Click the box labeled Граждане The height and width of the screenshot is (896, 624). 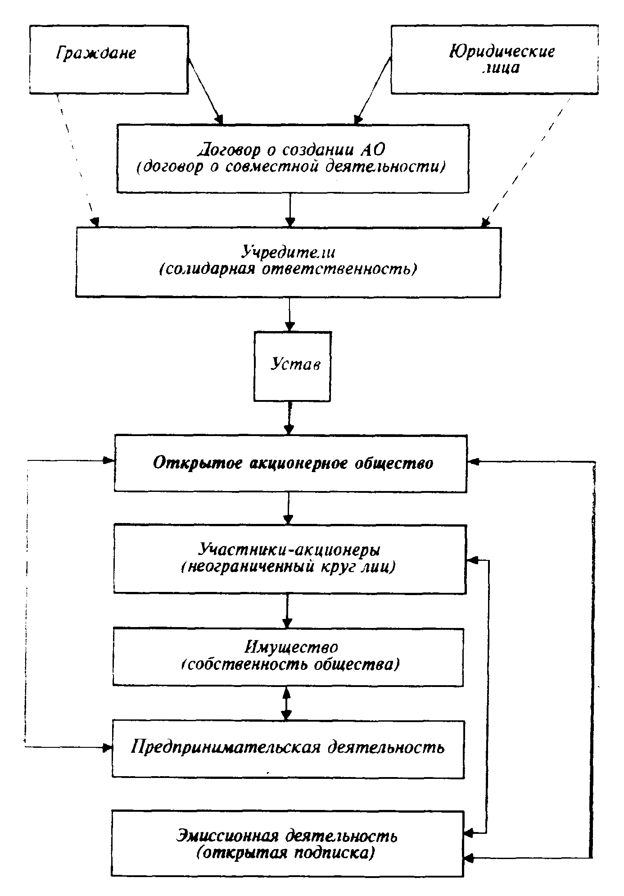point(109,59)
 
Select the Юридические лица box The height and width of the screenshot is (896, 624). point(494,59)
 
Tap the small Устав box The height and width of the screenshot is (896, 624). point(292,366)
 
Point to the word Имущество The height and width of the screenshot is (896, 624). point(291,647)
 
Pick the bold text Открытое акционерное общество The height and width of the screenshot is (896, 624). point(293,463)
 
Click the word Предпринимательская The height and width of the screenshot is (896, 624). point(225,747)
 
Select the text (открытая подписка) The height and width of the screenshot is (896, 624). point(285,853)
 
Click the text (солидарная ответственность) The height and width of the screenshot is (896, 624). point(288,269)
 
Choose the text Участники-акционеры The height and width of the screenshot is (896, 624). point(289,550)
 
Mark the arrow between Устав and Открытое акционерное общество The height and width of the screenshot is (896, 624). point(289,418)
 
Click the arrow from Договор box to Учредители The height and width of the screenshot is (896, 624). point(290,210)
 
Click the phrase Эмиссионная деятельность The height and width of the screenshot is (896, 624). point(287,836)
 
